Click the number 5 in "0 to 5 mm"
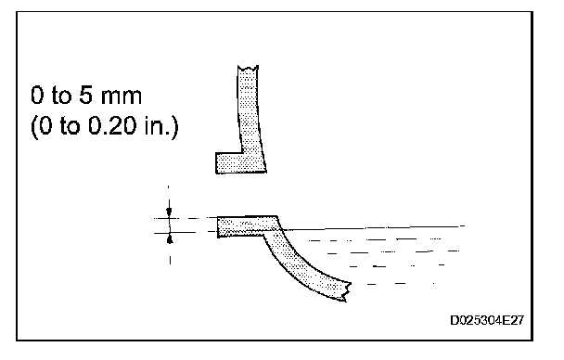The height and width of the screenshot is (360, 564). tap(85, 96)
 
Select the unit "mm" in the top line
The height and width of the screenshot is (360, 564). tap(122, 97)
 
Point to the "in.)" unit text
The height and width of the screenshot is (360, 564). tap(161, 126)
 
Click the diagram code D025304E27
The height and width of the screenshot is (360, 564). tap(487, 320)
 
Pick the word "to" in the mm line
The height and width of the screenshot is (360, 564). tap(62, 96)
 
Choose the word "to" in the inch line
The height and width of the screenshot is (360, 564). tap(70, 126)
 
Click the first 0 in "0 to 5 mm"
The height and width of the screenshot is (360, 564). tap(37, 96)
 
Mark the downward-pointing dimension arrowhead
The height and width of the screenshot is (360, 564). tap(169, 212)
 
